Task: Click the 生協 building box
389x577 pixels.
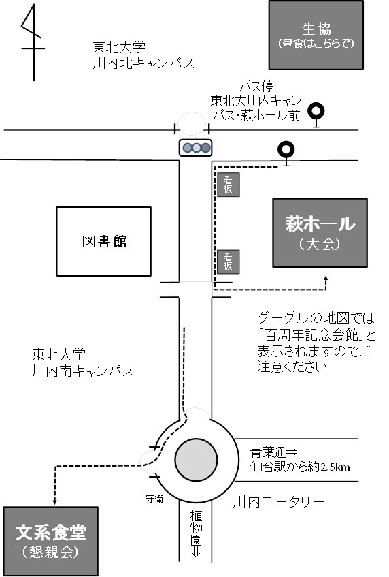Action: tap(316, 35)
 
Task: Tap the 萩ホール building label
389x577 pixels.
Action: tap(320, 224)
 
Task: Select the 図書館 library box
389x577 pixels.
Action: tap(103, 241)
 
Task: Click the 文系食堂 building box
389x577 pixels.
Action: tap(51, 541)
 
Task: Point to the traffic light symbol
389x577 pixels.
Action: tap(195, 148)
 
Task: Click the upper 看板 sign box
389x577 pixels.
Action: tap(228, 185)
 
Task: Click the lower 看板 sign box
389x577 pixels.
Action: tap(228, 262)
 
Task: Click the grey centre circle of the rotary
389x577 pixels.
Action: tap(196, 460)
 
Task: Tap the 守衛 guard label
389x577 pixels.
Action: tap(154, 499)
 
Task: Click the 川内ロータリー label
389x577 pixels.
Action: tap(279, 501)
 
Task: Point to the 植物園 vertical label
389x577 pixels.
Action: tap(196, 528)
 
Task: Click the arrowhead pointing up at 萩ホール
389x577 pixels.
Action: tap(326, 279)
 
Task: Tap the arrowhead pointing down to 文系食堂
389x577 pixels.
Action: tap(55, 501)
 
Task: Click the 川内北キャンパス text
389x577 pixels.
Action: tap(143, 63)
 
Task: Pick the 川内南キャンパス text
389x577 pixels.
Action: tap(83, 370)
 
